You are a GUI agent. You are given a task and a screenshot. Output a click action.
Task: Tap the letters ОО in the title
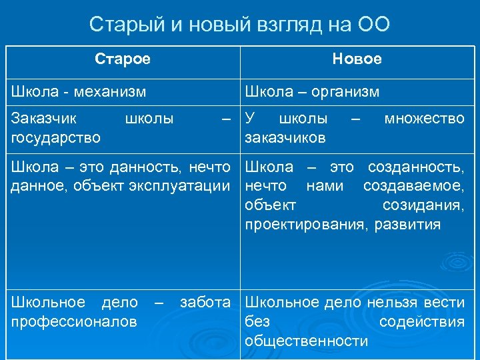pos(373,25)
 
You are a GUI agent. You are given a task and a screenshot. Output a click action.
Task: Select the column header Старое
pos(123,59)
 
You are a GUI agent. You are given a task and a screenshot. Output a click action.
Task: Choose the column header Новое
pos(357,59)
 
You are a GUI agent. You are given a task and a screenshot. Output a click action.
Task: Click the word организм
pos(345,91)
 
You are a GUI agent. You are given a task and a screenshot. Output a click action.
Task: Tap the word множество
pos(424,119)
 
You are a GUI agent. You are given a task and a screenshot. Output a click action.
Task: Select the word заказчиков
pos(285,137)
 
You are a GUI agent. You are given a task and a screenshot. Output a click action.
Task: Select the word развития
pos(407,224)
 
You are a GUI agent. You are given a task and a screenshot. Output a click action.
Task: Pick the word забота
pos(205,303)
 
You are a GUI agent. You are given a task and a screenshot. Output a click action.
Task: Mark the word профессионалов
pos(73,322)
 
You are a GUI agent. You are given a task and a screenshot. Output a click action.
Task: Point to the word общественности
pos(305,341)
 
